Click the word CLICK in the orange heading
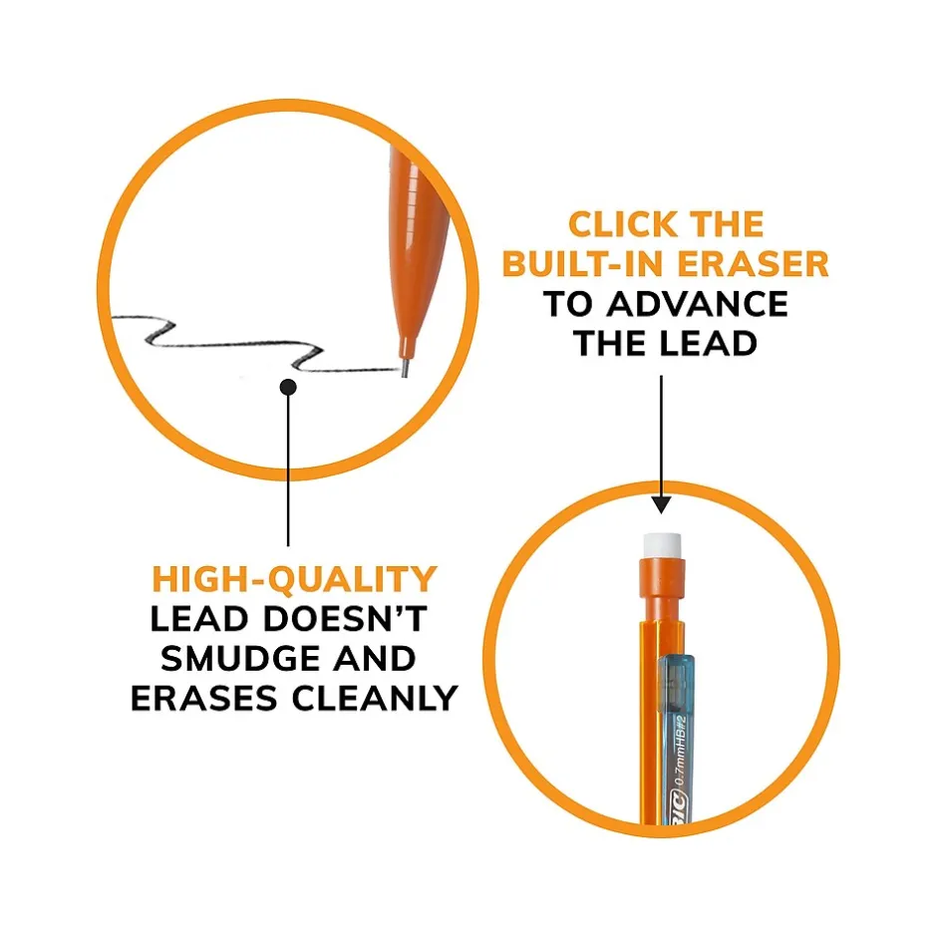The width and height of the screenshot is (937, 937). coord(621,224)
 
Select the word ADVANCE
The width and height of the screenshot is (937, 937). coord(698,304)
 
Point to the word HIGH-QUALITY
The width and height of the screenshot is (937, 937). coord(295,580)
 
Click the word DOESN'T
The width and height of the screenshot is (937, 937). coord(345,619)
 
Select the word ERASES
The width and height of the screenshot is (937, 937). coord(203,699)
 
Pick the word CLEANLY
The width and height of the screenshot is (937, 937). coord(375,699)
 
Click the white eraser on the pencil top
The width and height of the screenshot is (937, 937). coord(662,545)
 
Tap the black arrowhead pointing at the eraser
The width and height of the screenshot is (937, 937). coord(661,505)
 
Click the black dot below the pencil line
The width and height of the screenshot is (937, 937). coord(288,387)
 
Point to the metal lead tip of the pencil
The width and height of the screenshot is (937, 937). coord(405,368)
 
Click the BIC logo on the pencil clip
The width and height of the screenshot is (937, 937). coord(677,806)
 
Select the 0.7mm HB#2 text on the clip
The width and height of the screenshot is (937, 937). coord(681,751)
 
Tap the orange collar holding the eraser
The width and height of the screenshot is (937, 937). coord(662,577)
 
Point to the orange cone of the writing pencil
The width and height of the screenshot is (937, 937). coord(419,251)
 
